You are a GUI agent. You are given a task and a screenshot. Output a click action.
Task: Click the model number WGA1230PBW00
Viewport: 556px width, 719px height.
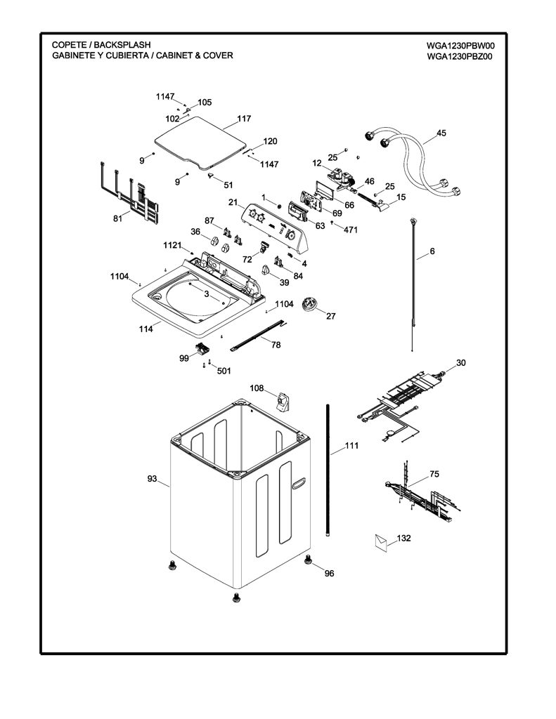[460, 46]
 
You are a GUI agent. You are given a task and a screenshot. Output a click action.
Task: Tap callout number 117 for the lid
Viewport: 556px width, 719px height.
[244, 118]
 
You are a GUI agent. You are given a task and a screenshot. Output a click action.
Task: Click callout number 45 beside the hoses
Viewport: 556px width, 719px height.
[441, 133]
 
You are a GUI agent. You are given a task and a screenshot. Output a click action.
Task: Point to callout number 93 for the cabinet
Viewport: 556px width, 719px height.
[152, 479]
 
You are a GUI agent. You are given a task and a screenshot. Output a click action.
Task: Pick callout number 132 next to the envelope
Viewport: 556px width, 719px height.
[403, 538]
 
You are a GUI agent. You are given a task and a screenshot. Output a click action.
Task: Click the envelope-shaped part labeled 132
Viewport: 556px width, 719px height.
[381, 541]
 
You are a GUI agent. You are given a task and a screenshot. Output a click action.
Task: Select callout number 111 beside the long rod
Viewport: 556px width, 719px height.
[351, 445]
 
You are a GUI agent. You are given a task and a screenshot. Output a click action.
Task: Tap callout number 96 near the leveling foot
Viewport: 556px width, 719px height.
[329, 573]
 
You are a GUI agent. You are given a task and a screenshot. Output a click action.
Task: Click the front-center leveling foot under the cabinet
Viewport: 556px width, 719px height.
[236, 597]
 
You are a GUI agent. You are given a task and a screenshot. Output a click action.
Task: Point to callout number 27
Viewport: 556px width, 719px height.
[331, 316]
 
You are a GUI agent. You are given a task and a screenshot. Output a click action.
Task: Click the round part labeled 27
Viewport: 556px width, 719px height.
[311, 305]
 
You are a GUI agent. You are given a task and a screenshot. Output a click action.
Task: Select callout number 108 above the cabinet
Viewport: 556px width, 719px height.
[256, 388]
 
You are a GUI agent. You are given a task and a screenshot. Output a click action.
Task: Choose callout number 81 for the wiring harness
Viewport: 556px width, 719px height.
[118, 219]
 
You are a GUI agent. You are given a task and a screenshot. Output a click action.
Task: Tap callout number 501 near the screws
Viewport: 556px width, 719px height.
[224, 371]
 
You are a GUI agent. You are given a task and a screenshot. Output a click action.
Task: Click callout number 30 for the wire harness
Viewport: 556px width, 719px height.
[460, 363]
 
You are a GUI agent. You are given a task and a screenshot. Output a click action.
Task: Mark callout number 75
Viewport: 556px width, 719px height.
[434, 474]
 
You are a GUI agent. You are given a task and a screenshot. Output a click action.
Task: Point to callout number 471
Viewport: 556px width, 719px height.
[351, 230]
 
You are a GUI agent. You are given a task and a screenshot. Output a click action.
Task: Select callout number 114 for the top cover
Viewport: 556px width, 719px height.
[146, 329]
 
